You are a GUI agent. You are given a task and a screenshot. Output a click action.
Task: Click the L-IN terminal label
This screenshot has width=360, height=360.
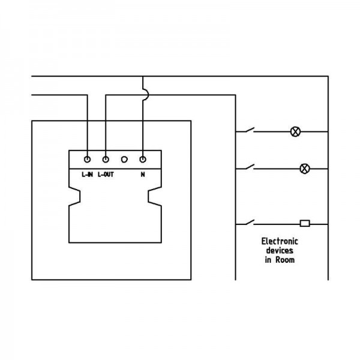coord(87,175)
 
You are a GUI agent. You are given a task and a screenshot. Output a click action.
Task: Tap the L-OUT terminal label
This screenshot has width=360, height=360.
coord(106,175)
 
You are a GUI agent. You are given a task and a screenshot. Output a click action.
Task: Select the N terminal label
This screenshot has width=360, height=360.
coord(143,175)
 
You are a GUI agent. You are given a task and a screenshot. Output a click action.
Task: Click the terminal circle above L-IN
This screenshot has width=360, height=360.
coord(87,160)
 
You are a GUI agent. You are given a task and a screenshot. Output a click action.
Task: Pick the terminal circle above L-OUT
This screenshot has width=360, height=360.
coord(106,160)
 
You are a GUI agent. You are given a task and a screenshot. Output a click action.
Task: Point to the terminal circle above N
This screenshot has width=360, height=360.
coord(143,160)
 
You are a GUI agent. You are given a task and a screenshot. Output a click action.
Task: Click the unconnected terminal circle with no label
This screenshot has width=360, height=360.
coord(124,160)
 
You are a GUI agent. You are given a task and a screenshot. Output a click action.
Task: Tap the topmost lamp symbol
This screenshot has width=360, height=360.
coord(295,132)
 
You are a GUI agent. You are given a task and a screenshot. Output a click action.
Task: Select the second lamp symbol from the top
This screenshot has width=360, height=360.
coord(305,169)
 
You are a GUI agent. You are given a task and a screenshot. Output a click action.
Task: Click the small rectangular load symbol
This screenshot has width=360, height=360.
coord(305,223)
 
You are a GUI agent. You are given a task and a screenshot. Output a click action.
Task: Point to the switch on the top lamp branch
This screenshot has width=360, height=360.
coord(249,130)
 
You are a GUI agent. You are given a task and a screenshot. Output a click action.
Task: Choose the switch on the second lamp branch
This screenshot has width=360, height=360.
coord(249,167)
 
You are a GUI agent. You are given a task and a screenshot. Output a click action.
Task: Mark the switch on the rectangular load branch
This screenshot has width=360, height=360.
coord(249,222)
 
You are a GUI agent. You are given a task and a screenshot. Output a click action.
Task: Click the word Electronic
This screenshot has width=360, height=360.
coord(280,241)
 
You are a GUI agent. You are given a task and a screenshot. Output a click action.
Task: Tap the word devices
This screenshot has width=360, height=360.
coord(280,250)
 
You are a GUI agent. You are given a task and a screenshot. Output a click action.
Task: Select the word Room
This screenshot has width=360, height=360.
coord(285,260)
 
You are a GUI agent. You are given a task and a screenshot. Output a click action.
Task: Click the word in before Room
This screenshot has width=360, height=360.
coord(268,260)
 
